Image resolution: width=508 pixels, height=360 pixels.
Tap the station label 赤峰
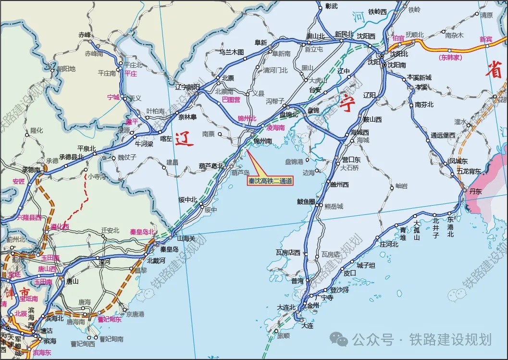point(85,35)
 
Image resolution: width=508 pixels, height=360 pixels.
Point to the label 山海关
point(186,238)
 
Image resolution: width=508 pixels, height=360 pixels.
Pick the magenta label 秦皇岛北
point(142,232)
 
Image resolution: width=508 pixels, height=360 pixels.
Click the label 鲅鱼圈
point(306,201)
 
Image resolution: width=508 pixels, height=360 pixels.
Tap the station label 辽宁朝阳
point(187,87)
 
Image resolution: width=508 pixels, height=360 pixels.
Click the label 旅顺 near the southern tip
point(284,336)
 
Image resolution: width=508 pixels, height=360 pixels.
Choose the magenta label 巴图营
point(231,99)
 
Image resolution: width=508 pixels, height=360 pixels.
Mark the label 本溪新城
point(419,77)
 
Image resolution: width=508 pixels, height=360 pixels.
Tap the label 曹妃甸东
point(109,319)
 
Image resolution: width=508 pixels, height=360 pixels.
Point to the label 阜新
point(260,42)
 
